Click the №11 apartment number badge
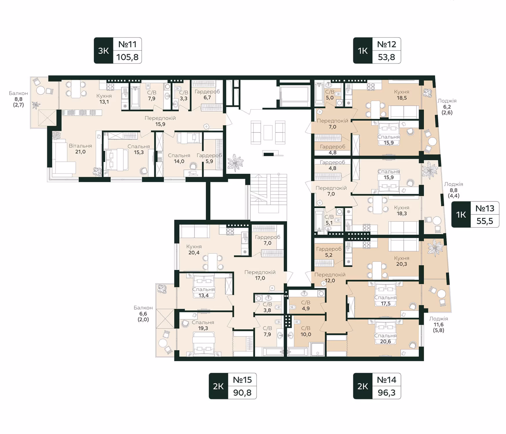(127, 44)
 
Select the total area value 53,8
(386, 57)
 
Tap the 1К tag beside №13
(461, 214)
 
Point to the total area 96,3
(386, 393)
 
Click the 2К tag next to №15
(218, 386)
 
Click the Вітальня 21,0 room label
(80, 149)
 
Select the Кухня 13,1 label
(104, 99)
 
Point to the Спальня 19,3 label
(203, 325)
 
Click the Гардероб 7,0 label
(267, 240)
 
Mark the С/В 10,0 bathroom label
(306, 331)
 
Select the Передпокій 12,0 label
(330, 277)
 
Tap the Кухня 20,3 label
(401, 261)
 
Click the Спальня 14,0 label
(179, 158)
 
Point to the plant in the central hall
(235, 163)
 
